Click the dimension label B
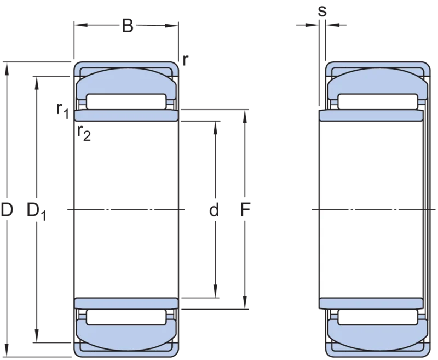[128, 26]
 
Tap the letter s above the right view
[322, 12]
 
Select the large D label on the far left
[7, 210]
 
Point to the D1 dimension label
[36, 212]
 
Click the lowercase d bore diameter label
[214, 210]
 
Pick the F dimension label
[245, 210]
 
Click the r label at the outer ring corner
[186, 60]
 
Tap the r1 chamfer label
[62, 110]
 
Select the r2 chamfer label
[84, 133]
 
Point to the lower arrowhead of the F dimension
[245, 302]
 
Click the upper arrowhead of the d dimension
[215, 128]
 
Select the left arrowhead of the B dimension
[81, 25]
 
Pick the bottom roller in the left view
[126, 335]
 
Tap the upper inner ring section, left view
[126, 115]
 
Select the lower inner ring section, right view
[371, 304]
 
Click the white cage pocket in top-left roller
[126, 102]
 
